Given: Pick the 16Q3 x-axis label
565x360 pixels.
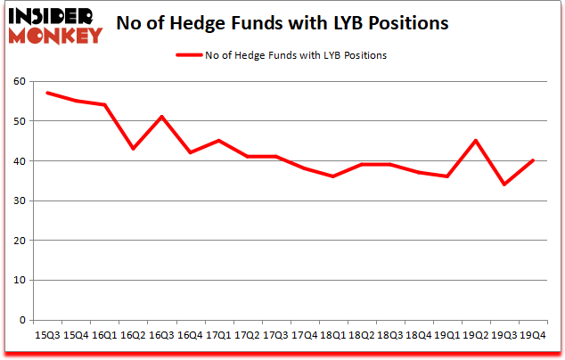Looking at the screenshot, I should [161, 334].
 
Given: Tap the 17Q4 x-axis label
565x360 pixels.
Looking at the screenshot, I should [303, 334].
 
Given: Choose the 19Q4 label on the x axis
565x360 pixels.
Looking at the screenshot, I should [532, 334].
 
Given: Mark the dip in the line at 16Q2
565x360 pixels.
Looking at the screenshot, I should [133, 149].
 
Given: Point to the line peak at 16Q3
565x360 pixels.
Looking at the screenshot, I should [161, 117].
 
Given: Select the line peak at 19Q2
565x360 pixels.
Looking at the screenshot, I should [475, 141].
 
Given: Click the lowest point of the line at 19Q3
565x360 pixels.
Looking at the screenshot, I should [504, 184].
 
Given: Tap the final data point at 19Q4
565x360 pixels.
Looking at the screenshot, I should [532, 160].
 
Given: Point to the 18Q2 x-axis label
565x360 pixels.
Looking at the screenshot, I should [361, 334].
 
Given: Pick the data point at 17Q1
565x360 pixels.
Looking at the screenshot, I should [217, 141].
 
